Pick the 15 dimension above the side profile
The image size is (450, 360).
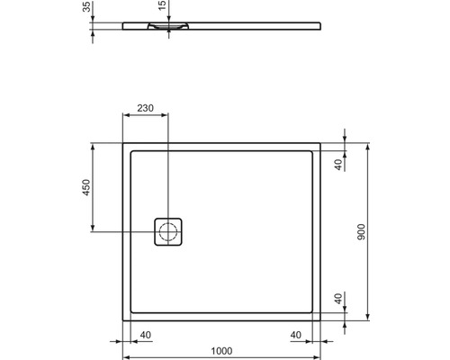pyautogui.click(x=162, y=7)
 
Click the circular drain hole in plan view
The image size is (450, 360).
pyautogui.click(x=168, y=232)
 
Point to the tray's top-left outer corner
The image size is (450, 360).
pyautogui.click(x=122, y=142)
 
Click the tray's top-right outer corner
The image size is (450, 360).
pyautogui.click(x=323, y=142)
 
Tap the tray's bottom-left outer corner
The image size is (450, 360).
pyautogui.click(x=122, y=320)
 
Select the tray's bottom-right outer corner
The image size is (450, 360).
pyautogui.click(x=323, y=320)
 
